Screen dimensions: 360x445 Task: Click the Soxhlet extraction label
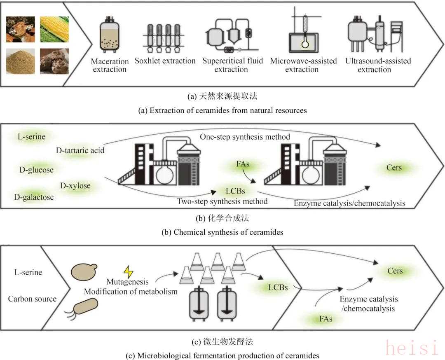coord(165,61)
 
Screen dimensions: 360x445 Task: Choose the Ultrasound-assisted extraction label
coord(374,65)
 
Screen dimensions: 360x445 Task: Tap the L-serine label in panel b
coord(32,136)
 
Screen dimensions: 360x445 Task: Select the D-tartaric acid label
coord(80,151)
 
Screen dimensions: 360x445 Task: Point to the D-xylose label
coord(75,186)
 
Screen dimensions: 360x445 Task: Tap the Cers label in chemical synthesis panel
coord(394,168)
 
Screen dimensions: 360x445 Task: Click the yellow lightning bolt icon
coord(129,272)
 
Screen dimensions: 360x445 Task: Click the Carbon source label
coord(32,299)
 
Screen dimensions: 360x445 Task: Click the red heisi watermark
coord(412,348)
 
